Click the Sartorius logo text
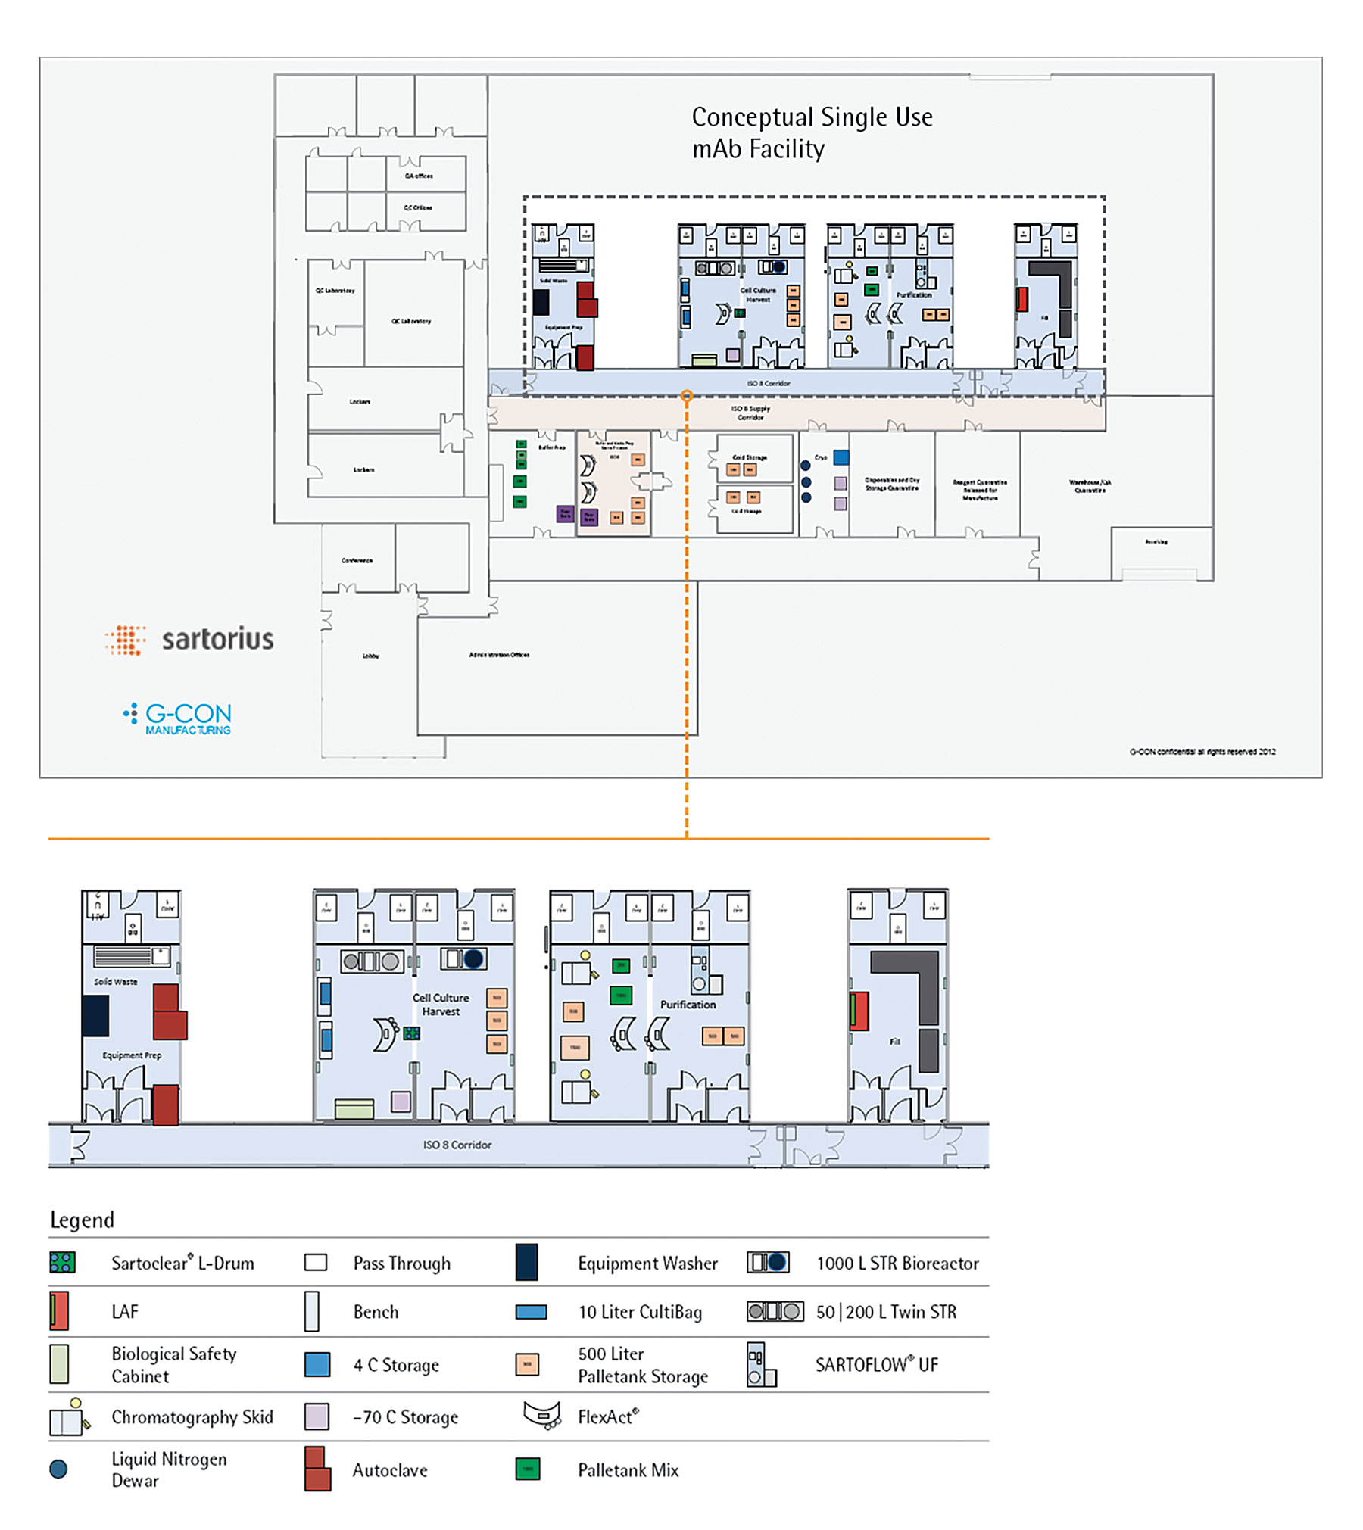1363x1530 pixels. (217, 639)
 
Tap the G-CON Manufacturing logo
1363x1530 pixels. (179, 718)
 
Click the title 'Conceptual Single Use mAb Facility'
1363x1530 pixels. (811, 132)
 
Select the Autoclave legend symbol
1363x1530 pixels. (317, 1469)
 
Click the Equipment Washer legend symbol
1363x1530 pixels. (526, 1262)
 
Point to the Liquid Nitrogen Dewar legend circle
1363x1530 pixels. (58, 1469)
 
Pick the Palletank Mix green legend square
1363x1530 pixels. (528, 1469)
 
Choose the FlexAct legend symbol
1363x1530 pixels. (542, 1414)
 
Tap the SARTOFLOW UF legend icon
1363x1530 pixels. (761, 1364)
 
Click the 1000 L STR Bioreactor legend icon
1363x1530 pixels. (768, 1262)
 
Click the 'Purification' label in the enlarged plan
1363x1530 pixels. (688, 1005)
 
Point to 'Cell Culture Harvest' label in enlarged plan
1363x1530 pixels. (441, 1005)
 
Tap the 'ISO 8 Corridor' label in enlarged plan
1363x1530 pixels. (457, 1145)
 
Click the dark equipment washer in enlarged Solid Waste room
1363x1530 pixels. (95, 1015)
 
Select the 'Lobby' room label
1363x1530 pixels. (370, 656)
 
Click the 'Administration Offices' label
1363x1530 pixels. (499, 655)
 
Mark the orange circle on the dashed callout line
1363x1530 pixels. (686, 395)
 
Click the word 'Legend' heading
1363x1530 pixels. (82, 1220)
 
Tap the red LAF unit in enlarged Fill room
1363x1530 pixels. (859, 1011)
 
